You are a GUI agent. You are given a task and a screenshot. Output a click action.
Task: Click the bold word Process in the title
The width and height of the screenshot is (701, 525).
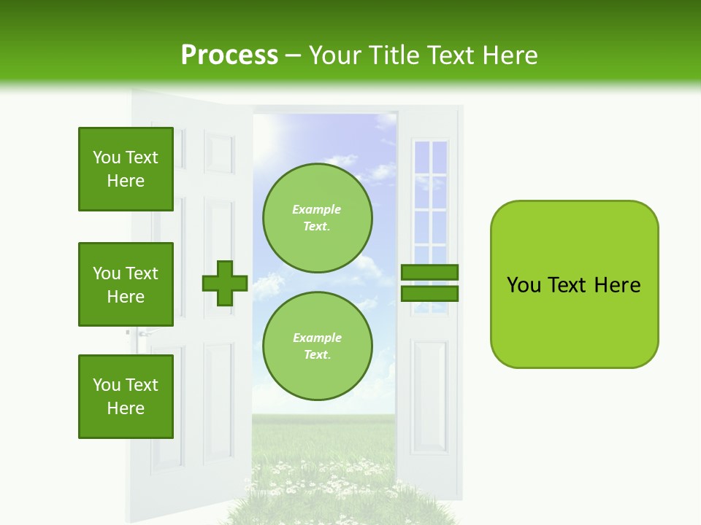[229, 55]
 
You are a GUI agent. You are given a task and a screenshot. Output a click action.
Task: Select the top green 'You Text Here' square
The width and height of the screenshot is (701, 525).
[126, 169]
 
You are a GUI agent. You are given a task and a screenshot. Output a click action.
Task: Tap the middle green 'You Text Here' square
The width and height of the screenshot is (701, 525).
[126, 284]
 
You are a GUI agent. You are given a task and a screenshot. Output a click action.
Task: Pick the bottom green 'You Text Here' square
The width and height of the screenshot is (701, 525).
[126, 397]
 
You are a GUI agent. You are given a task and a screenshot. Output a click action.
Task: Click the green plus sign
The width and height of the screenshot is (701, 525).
[225, 284]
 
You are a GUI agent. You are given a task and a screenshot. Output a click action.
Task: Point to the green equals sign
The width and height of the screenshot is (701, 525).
[429, 284]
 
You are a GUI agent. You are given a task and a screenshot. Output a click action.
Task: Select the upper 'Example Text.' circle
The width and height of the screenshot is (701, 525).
[318, 218]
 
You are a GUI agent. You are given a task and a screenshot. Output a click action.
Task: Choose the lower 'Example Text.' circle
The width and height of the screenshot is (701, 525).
[318, 346]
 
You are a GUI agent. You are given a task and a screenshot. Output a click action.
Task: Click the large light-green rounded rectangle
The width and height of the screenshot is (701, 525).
[574, 284]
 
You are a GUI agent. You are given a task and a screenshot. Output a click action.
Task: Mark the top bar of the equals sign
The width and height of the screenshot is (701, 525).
[429, 273]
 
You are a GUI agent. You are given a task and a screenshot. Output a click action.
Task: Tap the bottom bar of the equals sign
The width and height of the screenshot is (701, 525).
[429, 294]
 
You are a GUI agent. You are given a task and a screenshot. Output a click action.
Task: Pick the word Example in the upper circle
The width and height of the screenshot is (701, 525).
[317, 209]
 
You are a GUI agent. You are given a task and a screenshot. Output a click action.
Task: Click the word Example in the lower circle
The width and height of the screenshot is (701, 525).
[317, 338]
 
